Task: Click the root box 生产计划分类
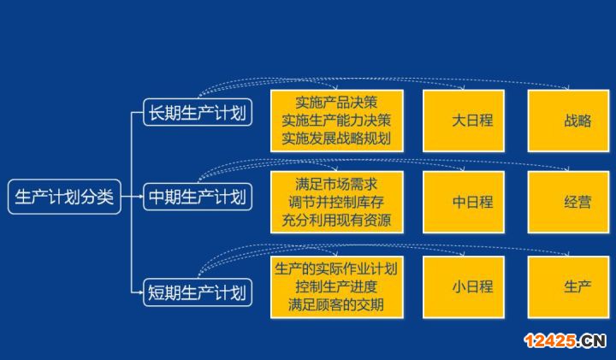64,197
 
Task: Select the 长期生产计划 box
198,112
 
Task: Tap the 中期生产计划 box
198,197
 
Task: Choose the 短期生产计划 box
198,292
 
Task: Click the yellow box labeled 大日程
464,121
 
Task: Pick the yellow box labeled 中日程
464,202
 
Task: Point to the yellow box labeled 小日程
464,287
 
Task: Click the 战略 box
568,121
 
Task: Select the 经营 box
568,202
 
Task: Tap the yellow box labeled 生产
568,287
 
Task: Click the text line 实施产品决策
336,103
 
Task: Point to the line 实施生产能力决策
336,121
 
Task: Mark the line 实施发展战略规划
336,139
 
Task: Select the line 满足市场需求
336,184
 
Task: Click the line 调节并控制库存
336,202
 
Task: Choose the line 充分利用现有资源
336,221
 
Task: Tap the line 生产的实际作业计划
336,269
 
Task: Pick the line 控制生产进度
336,287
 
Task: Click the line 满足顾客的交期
336,305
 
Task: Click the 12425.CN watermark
566,341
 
